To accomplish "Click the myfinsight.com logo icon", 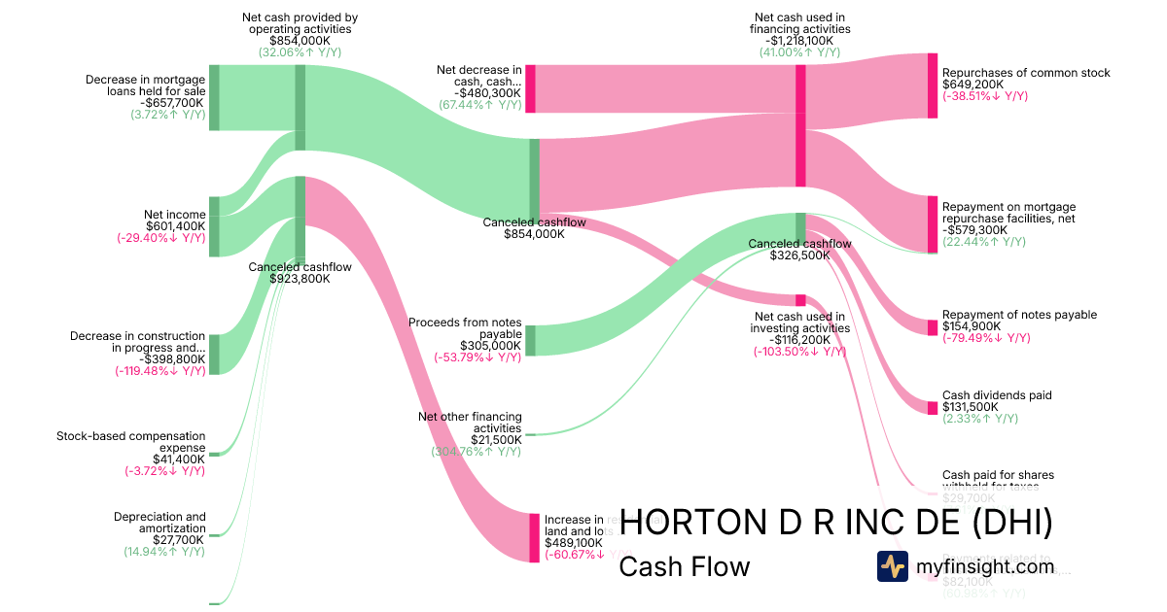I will (892, 566).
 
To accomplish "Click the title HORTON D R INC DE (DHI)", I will (835, 522).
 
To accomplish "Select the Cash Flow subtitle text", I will (684, 566).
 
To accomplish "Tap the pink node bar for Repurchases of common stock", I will (932, 85).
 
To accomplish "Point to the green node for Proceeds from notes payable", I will (530, 341).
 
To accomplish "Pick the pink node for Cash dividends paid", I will (932, 401).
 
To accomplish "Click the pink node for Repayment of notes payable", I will (932, 321).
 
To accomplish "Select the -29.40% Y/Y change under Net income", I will (160, 238).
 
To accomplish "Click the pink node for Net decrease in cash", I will (530, 88).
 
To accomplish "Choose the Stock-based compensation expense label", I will (131, 442).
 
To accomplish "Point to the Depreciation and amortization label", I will (159, 523).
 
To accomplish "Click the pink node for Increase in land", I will (534, 537).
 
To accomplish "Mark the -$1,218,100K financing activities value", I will (800, 40).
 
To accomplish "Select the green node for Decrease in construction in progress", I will (214, 355).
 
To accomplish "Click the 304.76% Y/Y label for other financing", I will (476, 452).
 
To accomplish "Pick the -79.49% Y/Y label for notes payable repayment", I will (984, 338).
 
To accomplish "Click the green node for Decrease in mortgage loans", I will (214, 97).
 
